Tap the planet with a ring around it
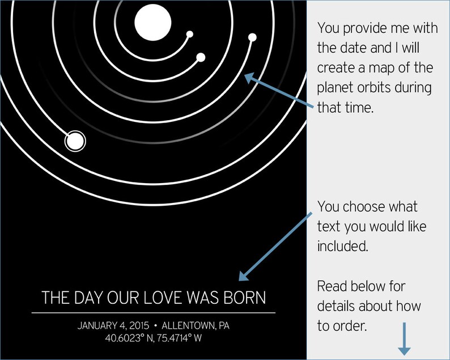pos(75,140)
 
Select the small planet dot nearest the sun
pos(190,33)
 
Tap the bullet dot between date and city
pos(155,327)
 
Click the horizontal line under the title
pos(154,312)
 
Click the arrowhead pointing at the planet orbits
pos(250,79)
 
